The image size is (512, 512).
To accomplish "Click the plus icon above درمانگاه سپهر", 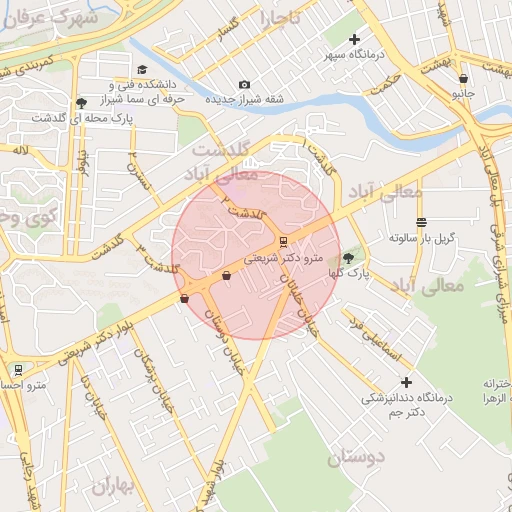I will [x=354, y=39].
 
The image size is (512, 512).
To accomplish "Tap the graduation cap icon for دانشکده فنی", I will [x=142, y=70].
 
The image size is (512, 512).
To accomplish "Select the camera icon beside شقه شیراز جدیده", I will [x=244, y=85].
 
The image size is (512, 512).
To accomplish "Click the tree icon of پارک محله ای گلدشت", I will [x=80, y=103].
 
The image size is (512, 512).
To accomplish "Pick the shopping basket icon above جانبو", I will [x=462, y=78].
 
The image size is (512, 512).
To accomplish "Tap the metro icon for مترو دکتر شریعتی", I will [x=283, y=241].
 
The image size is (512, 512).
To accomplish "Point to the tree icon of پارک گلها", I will [x=348, y=258].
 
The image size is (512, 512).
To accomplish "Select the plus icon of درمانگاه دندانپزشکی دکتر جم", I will [x=406, y=382].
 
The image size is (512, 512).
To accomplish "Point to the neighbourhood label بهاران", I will [x=112, y=486].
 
